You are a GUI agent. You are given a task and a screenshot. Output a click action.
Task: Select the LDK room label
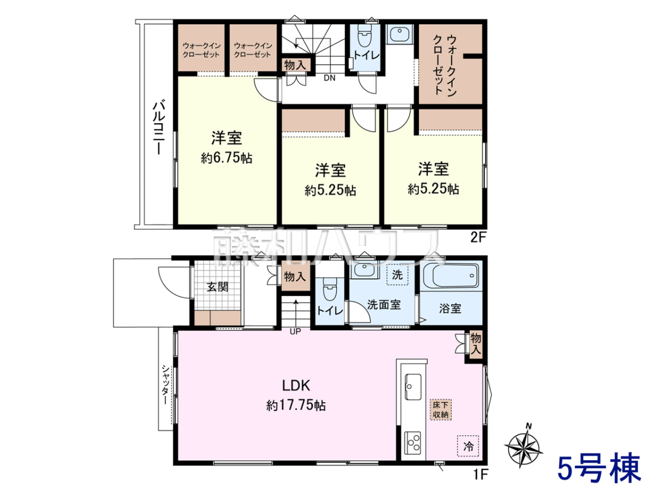[x=296, y=386]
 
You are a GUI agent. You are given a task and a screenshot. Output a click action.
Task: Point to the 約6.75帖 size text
[x=226, y=158]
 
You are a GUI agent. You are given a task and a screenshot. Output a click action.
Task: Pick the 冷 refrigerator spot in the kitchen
[x=468, y=446]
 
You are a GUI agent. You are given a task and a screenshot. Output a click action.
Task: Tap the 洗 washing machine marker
[x=397, y=275]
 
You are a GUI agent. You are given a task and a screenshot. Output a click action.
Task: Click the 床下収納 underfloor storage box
[x=441, y=410]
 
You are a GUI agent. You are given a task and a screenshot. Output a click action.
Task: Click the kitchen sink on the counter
[x=413, y=387]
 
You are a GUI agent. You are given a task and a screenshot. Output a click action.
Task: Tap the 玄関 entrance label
[x=217, y=286]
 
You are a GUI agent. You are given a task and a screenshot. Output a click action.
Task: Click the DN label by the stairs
[x=330, y=78]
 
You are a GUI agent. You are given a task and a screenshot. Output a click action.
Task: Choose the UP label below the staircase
[x=295, y=331]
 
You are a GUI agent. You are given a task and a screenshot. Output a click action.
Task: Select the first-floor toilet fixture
[x=330, y=289]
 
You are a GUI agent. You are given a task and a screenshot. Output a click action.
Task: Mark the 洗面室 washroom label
[x=384, y=305]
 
